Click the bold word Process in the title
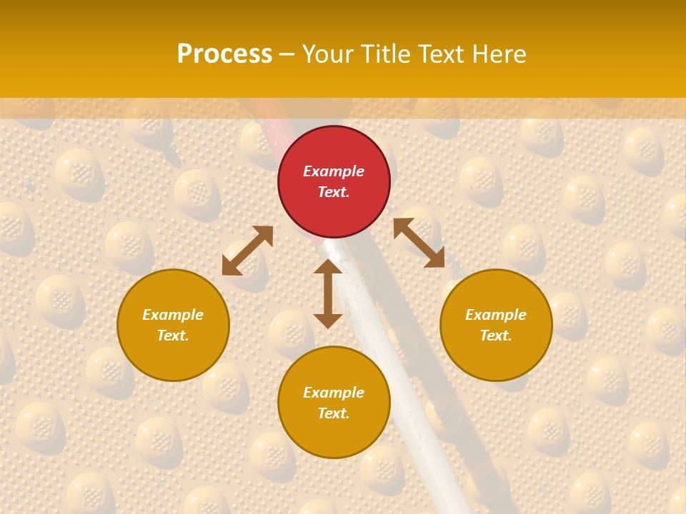(224, 54)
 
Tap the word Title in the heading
(388, 54)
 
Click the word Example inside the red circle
(334, 171)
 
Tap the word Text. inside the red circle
(334, 192)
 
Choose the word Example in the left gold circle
(173, 315)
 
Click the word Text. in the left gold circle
(173, 336)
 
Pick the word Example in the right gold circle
(496, 315)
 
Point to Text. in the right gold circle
(496, 336)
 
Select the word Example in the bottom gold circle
(334, 393)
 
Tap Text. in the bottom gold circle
(334, 413)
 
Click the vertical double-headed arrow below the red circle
(328, 293)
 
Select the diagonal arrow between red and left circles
(247, 251)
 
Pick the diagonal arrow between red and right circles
(419, 243)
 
